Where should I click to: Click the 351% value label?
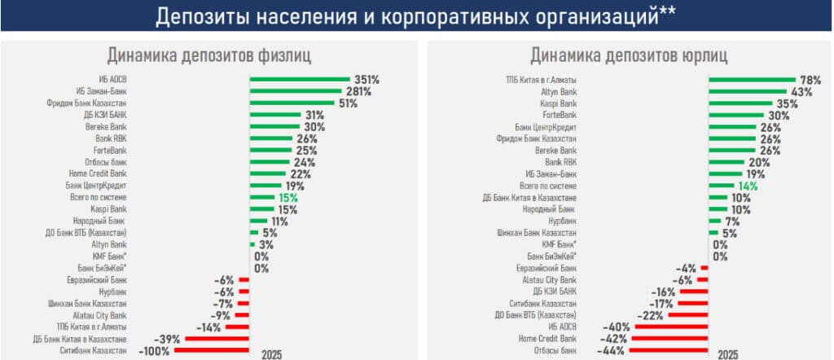(367, 80)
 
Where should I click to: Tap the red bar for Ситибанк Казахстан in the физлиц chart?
(212, 349)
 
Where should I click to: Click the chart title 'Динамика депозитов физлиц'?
(208, 55)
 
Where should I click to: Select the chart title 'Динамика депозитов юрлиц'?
(629, 55)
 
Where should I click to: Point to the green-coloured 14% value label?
(748, 186)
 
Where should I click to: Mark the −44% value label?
(611, 349)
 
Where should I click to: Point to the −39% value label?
(166, 338)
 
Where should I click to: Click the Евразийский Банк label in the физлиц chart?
(96, 279)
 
